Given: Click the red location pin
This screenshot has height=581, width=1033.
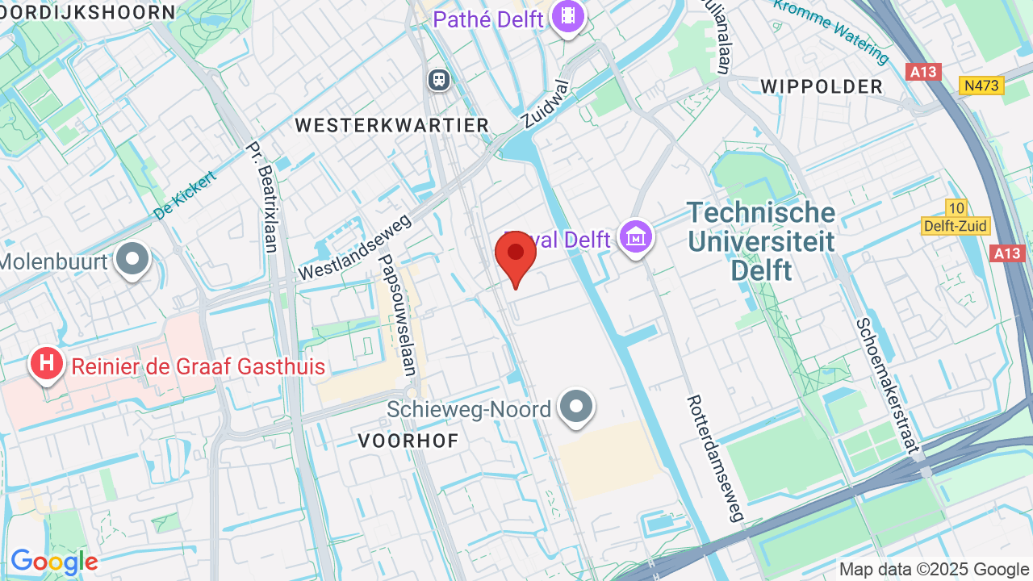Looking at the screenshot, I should tap(516, 256).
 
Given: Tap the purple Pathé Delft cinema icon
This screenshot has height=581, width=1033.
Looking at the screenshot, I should tap(568, 16).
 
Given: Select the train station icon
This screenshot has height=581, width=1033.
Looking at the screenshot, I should tap(439, 79).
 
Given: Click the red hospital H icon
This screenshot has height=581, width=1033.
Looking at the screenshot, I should tap(48, 364).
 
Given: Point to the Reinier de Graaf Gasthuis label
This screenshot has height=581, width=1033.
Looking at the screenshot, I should tap(199, 367).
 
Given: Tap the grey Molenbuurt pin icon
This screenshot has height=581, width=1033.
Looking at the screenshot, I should tap(132, 260).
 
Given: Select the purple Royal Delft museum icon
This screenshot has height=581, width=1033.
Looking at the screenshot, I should tap(636, 237).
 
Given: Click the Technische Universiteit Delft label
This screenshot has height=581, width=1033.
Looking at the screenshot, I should tap(761, 241).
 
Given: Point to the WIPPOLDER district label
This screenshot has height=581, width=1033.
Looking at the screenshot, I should tap(822, 86).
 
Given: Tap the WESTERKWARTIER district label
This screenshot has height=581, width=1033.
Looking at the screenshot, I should tap(392, 125).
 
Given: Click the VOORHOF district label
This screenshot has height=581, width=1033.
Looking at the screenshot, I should tap(408, 441).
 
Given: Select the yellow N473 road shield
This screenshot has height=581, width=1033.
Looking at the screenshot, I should tap(981, 85).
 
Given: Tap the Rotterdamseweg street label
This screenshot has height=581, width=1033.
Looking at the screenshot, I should tap(715, 458).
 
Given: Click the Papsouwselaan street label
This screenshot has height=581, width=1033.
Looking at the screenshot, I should tap(397, 316).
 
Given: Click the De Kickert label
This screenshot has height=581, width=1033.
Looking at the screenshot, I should tap(186, 195).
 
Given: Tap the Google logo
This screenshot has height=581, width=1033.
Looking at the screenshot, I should tap(54, 562).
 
